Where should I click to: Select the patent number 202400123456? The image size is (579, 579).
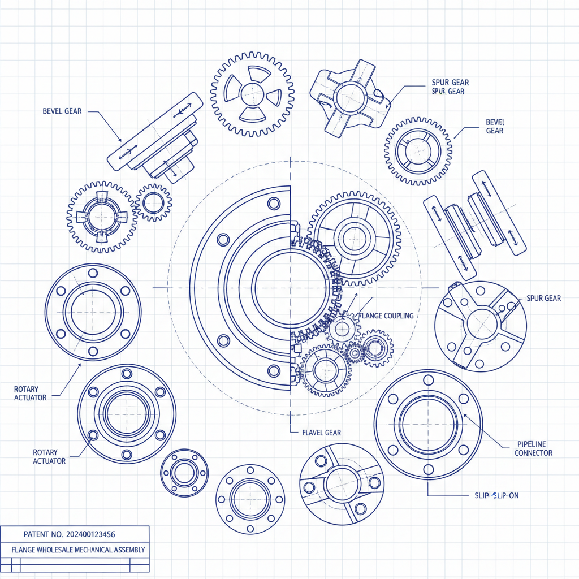point(83,534)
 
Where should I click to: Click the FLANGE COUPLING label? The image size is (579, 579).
point(386,316)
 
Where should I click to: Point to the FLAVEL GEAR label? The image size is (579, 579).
point(321,433)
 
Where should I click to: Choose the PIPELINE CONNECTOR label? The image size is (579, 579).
point(533,448)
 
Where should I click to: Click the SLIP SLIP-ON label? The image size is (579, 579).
point(496,495)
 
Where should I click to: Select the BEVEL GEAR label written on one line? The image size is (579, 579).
point(62,111)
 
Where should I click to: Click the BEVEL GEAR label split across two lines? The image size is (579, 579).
point(494,126)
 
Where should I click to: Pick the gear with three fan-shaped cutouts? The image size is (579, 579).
point(252,94)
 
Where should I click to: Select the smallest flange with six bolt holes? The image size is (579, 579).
point(184,473)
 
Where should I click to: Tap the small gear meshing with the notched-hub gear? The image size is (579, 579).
point(153,202)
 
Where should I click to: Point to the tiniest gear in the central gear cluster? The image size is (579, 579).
point(355,354)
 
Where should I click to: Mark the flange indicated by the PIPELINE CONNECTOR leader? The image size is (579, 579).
point(428,424)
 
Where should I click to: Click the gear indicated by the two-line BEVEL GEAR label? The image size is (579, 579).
point(418,151)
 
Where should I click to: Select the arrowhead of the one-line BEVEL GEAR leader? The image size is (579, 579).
point(120,140)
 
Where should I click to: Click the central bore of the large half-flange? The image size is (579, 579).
point(289,288)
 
